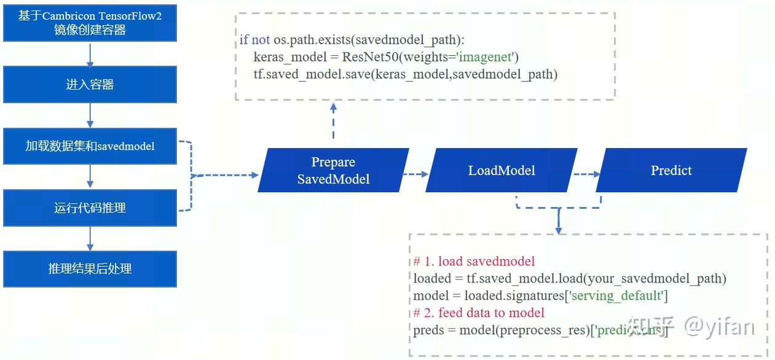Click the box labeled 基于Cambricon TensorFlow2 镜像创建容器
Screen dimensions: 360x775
[x=90, y=23]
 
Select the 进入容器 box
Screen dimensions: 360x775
[x=90, y=85]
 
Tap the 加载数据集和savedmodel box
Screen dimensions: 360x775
[x=90, y=146]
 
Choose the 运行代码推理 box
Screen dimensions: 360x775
[x=90, y=208]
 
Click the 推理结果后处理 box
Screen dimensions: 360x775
[x=90, y=268]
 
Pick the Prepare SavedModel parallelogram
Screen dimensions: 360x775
[x=333, y=170]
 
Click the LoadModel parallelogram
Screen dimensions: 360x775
[x=502, y=170]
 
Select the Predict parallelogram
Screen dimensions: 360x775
[x=671, y=170]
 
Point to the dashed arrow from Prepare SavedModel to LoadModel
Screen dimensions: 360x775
[x=415, y=174]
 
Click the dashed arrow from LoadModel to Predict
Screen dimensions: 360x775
[x=586, y=174]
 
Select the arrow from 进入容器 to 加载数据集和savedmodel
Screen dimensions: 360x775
[x=90, y=115]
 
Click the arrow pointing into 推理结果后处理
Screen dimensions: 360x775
[x=90, y=238]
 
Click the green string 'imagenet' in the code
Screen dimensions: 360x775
[x=488, y=57]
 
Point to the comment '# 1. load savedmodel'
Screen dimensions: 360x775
[x=474, y=261]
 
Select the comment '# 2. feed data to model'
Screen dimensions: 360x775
[x=479, y=313]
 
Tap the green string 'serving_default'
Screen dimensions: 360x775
[x=616, y=295]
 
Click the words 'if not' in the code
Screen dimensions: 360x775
[x=254, y=40]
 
